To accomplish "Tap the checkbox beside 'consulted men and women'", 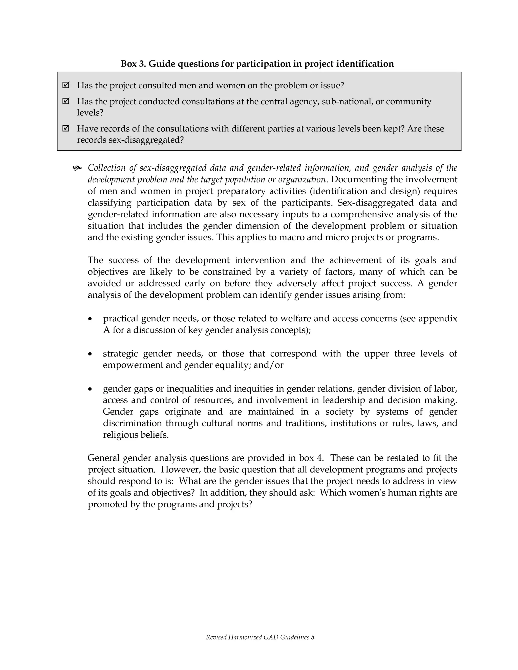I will click(x=66, y=85).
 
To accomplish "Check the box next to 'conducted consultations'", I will click(x=66, y=101).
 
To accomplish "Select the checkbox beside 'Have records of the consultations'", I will click(x=66, y=128).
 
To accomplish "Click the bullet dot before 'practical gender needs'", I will click(x=90, y=319).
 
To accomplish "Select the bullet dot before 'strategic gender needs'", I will click(x=90, y=354).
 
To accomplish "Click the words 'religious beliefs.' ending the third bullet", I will click(x=136, y=435).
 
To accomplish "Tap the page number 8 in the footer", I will click(x=312, y=637).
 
